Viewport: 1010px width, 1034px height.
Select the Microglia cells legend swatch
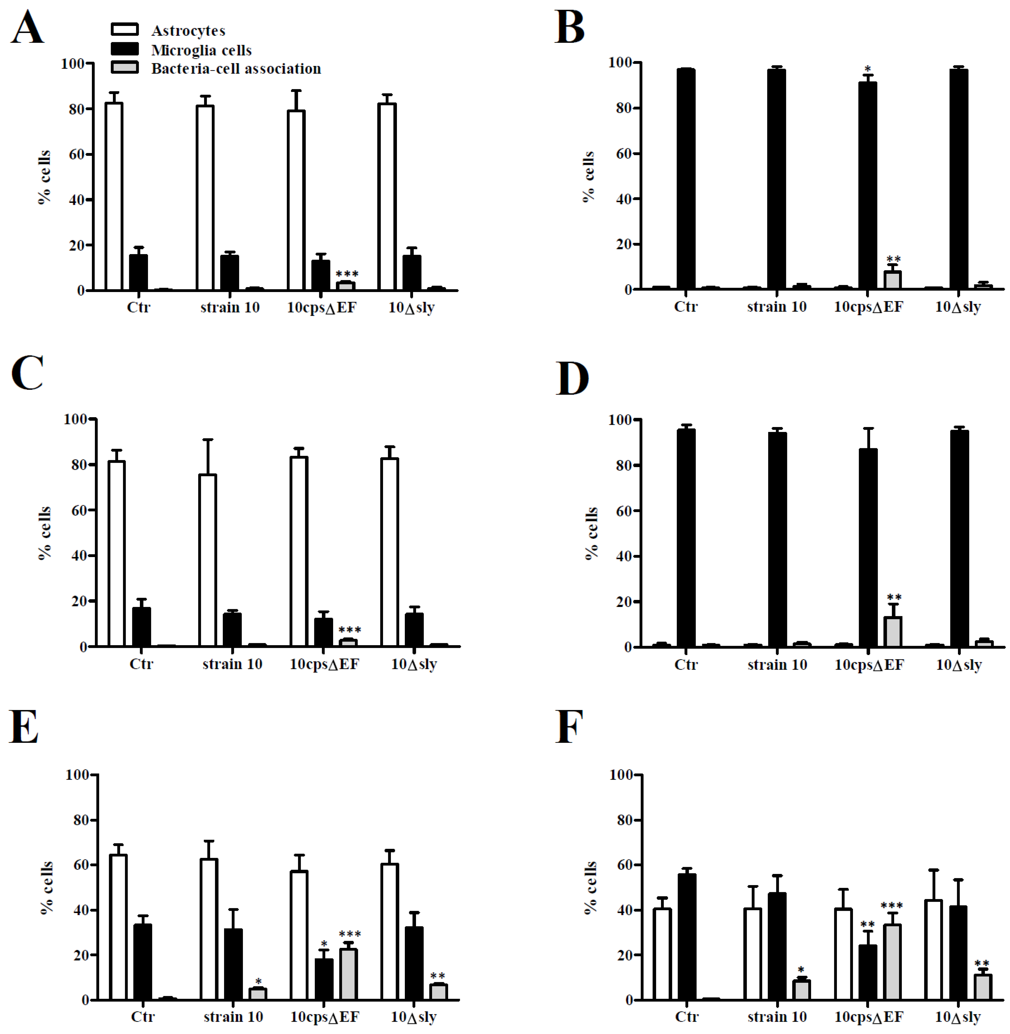tap(125, 49)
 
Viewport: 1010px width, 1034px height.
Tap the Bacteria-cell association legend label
tap(236, 68)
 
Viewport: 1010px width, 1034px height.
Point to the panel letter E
tap(24, 726)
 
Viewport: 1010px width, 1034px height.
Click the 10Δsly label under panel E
tap(414, 1017)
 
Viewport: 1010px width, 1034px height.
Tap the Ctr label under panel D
tap(686, 664)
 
